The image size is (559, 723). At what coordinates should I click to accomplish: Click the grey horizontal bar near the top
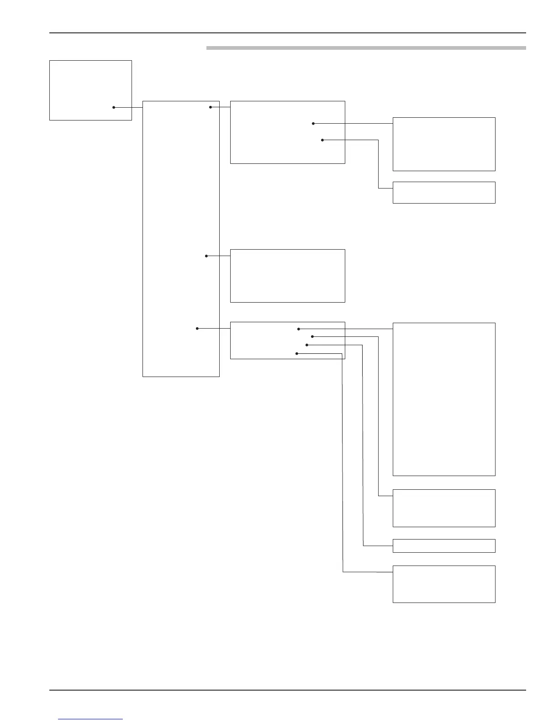point(366,47)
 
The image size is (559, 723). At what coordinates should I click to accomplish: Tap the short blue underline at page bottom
point(90,719)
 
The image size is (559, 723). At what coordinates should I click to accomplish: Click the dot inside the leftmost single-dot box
point(114,107)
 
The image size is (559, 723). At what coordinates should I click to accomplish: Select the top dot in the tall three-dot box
point(211,107)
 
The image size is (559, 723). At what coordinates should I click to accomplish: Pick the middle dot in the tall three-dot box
point(206,256)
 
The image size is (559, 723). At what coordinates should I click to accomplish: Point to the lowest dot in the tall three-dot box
point(197,328)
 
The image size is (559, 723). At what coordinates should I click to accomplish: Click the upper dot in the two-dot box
point(313,124)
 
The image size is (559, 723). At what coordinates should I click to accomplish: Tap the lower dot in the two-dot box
point(322,140)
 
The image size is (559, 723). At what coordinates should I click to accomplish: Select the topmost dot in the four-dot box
point(299,329)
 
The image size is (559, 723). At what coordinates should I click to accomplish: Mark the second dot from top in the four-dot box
point(312,337)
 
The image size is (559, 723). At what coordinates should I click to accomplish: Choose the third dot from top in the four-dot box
point(307,345)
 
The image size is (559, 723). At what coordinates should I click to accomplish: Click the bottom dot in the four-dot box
point(297,354)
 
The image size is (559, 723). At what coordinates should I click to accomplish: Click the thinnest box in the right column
point(444,546)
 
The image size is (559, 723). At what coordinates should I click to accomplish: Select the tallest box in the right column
point(444,399)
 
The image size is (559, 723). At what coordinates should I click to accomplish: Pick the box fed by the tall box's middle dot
point(287,276)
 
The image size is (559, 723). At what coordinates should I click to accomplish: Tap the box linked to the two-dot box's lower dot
point(444,193)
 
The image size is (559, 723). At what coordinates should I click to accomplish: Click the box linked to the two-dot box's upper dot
point(444,144)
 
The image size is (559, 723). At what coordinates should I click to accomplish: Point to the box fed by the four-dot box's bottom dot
point(444,584)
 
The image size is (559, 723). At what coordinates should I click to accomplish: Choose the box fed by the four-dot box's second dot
point(444,508)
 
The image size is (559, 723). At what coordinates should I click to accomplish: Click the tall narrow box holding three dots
point(181,239)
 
